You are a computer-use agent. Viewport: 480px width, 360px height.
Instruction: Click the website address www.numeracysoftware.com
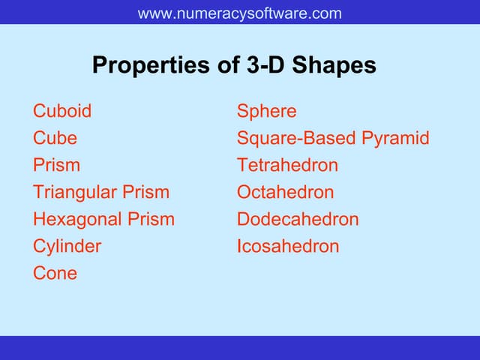coord(240,13)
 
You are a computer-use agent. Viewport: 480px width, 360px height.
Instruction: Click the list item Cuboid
coord(62,111)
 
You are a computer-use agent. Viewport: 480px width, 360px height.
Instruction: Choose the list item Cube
coord(55,138)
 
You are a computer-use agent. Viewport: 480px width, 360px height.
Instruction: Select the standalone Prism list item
coord(56,165)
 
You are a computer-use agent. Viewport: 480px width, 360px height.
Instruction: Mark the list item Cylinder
coord(67,246)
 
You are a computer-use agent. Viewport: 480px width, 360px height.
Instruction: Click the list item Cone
coord(55,273)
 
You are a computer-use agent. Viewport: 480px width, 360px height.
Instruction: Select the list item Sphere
coord(266,111)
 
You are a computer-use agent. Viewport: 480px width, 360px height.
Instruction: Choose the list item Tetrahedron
coord(287,165)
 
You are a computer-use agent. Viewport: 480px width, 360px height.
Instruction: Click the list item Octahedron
coord(285,192)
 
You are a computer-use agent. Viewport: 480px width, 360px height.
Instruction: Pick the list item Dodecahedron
coord(298,219)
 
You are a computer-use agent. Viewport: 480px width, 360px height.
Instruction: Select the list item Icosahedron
coord(288,246)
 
